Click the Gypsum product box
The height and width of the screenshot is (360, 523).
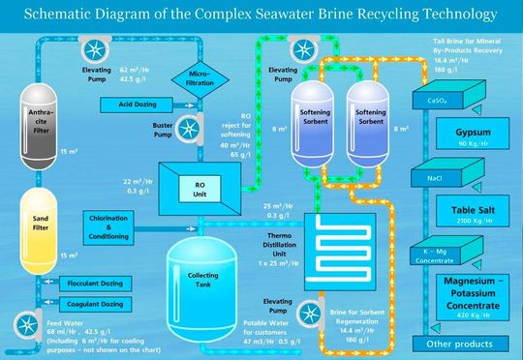click(x=457, y=134)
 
